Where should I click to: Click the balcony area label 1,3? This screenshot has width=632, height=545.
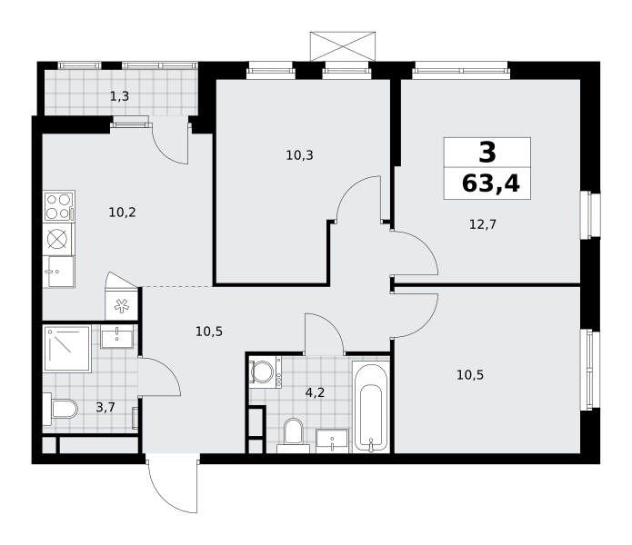[x=120, y=96]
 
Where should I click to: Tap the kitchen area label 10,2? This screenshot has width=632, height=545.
[x=122, y=213]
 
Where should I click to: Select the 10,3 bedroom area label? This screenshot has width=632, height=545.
[x=299, y=155]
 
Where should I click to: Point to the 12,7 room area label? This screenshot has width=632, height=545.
[x=483, y=224]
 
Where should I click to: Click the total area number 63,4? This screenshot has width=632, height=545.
[x=491, y=184]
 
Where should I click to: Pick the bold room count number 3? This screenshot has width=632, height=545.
[x=487, y=153]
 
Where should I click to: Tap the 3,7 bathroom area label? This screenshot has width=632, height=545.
[x=105, y=407]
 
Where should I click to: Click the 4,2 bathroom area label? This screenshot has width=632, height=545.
[x=315, y=392]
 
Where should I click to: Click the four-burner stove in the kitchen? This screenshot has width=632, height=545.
[x=59, y=206]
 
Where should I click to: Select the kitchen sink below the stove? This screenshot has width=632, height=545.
[x=59, y=272]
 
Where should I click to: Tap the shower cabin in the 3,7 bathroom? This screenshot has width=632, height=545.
[x=67, y=349]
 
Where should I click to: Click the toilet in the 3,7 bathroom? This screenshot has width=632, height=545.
[x=60, y=409]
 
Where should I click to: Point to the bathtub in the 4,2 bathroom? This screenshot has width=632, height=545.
[x=370, y=407]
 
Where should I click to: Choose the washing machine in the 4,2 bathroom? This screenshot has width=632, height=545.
[x=266, y=372]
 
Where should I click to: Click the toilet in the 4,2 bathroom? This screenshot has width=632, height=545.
[x=294, y=435]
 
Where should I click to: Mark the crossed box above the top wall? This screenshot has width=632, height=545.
[x=343, y=46]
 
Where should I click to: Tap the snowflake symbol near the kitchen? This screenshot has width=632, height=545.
[x=121, y=306]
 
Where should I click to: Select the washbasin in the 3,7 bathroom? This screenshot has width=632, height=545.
[x=116, y=336]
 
